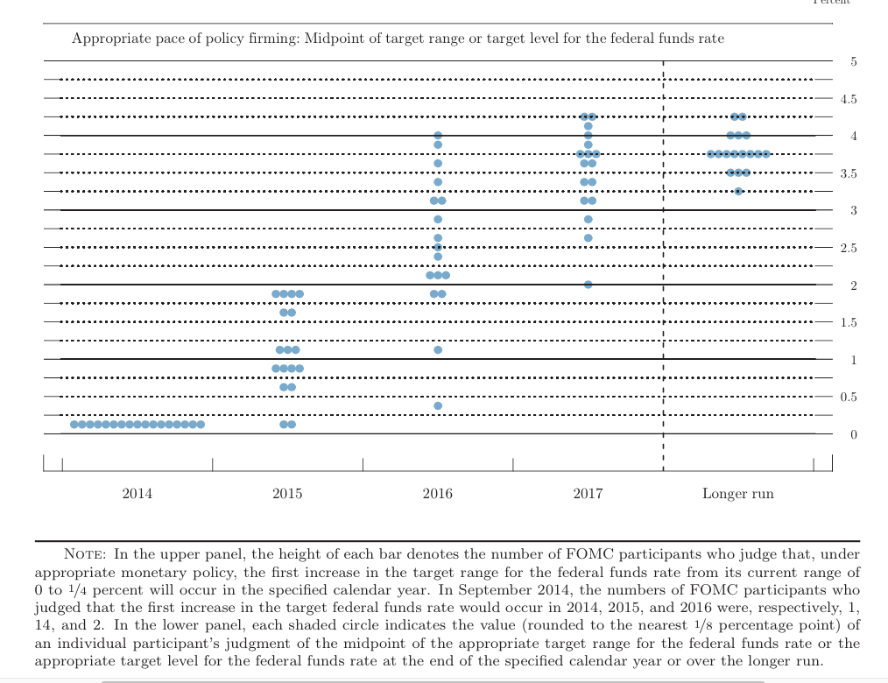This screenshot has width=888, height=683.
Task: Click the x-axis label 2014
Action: (137, 494)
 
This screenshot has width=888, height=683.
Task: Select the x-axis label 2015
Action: (287, 494)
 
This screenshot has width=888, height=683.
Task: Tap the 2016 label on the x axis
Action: (437, 494)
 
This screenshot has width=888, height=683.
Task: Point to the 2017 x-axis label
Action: (588, 494)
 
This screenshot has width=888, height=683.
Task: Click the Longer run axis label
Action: (737, 494)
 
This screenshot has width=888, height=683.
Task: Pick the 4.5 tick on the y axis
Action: (849, 99)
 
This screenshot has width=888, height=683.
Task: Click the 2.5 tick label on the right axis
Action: (849, 248)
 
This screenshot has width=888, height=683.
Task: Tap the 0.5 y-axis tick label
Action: (849, 397)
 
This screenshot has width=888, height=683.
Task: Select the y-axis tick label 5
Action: (854, 61)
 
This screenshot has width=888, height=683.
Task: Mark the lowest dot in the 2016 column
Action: (438, 405)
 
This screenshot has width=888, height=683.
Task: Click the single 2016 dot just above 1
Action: (438, 349)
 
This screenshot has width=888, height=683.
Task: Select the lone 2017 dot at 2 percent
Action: (588, 285)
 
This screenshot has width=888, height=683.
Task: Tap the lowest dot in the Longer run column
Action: (738, 191)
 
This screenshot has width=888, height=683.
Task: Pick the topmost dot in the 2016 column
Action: (438, 136)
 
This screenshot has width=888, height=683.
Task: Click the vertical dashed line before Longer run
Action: (663, 263)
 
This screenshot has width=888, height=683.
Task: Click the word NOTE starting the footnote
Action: (85, 554)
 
